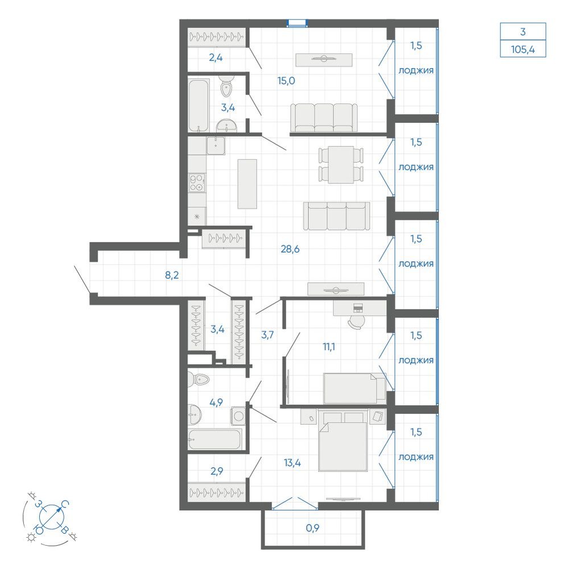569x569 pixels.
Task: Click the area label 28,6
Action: click(290, 249)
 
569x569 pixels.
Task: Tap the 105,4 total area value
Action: click(523, 49)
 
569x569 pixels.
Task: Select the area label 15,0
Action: click(286, 81)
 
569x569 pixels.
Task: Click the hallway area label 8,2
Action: click(172, 275)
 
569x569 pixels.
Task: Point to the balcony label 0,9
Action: click(312, 528)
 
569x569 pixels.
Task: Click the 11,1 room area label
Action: click(329, 347)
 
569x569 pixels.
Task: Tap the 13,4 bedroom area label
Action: click(292, 463)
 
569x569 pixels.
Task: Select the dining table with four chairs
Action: click(341, 165)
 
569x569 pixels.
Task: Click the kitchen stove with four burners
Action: click(197, 183)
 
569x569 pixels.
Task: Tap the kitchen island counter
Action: click(247, 184)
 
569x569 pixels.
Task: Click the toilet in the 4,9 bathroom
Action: click(199, 380)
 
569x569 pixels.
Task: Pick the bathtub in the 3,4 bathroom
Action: click(199, 106)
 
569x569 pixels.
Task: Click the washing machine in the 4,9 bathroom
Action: click(238, 416)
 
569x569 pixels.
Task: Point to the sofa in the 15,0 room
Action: click(324, 118)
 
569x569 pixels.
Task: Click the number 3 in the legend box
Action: click(523, 32)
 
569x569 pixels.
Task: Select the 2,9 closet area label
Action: click(217, 471)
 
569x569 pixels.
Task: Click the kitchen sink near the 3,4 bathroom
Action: click(216, 146)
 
